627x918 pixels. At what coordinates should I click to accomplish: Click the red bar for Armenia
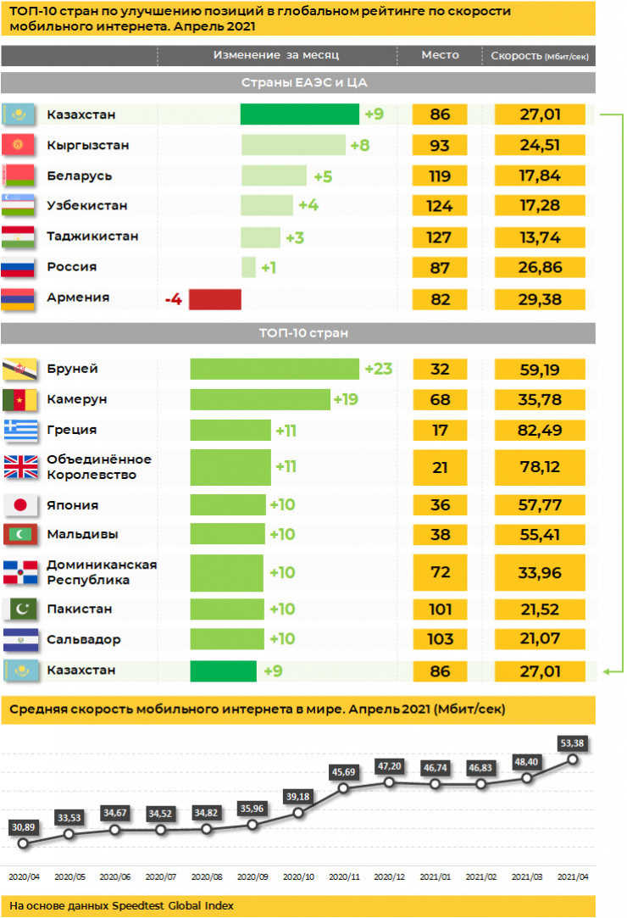214,298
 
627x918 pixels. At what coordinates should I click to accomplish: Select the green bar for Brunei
275,369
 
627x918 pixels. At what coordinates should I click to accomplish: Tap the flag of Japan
19,505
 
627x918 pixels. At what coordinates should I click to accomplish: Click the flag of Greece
19,430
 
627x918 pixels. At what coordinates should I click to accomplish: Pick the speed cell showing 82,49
540,430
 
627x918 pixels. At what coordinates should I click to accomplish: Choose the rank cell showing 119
440,176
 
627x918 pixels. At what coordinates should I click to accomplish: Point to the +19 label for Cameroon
346,399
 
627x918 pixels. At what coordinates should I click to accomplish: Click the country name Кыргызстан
88,145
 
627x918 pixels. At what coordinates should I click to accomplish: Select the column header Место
440,55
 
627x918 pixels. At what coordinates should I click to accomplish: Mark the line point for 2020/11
344,788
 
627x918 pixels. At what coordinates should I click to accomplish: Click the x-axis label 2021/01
436,877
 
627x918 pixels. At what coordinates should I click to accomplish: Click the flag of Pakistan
19,609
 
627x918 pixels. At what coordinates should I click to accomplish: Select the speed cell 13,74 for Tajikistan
540,237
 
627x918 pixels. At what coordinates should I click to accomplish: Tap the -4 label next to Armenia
173,298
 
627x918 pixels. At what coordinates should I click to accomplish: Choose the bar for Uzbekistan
266,206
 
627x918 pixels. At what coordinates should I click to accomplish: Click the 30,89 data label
23,826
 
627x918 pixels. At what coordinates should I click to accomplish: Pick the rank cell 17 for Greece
440,430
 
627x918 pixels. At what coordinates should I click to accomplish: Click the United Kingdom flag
19,467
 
